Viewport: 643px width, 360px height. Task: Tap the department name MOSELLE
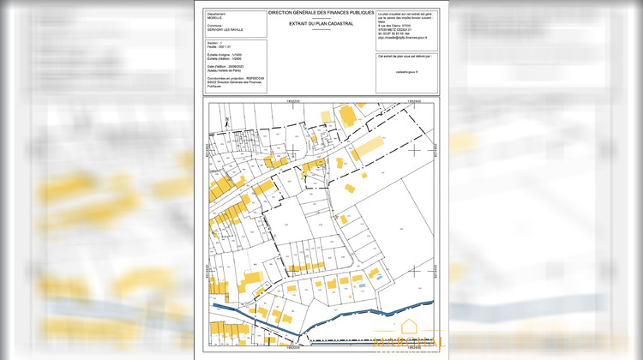click(x=214, y=19)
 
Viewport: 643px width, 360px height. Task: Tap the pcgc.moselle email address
click(x=402, y=39)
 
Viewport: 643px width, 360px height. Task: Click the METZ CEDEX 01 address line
click(x=398, y=30)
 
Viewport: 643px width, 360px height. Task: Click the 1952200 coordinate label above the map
click(x=291, y=100)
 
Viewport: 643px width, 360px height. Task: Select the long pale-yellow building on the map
click(x=368, y=147)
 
